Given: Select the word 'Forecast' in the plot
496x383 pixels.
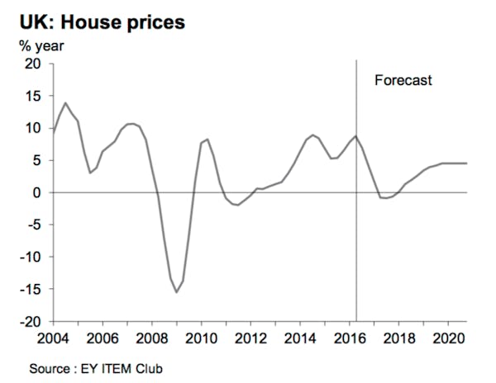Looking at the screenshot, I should coord(403,81).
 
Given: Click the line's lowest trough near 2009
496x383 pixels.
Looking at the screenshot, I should coord(176,292).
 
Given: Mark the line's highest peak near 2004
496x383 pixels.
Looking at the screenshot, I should coord(65,103).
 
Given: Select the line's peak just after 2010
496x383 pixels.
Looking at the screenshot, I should coord(207,139).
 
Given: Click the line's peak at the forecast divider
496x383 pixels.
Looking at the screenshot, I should coord(355,136).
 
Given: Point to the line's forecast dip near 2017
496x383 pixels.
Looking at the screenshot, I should coord(384,198).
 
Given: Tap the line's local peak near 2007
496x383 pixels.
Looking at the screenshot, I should coord(131,124).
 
